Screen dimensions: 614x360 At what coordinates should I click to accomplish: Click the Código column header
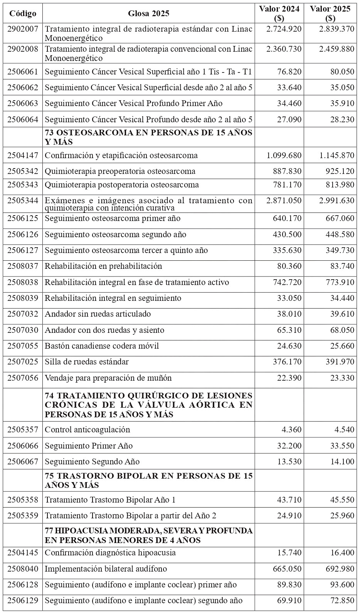point(23,13)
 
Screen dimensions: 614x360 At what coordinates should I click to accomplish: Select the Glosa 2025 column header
point(148,13)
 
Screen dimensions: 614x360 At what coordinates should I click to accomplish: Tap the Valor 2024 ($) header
point(279,13)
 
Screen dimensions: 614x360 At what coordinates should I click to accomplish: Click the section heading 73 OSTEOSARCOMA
point(148,137)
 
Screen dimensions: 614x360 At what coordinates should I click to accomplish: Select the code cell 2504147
point(23,155)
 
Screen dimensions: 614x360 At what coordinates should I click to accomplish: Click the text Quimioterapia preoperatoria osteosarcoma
point(120,171)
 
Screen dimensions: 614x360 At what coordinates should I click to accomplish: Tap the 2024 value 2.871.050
point(284,201)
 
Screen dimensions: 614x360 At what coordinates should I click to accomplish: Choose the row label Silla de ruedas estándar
point(87,362)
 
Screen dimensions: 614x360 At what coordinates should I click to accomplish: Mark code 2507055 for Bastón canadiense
point(23,346)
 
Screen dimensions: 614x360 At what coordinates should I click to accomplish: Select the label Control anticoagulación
point(87,430)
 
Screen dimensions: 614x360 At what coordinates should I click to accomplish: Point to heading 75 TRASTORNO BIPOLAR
point(148,480)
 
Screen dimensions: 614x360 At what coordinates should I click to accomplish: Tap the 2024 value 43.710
point(289,500)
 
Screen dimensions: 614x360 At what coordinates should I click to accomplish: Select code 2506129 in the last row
point(23,601)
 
